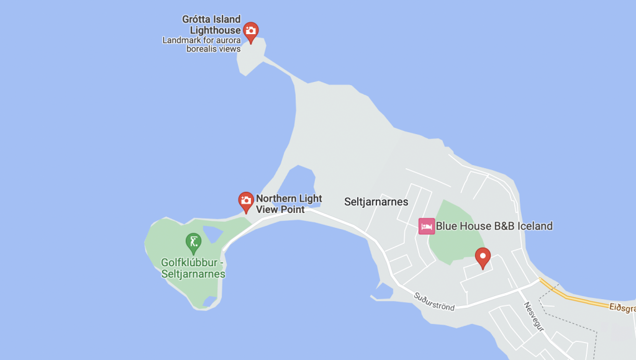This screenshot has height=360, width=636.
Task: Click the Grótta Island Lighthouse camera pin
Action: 250,31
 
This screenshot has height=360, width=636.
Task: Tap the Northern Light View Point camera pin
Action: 246,201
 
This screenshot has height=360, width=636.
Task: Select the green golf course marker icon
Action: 193,241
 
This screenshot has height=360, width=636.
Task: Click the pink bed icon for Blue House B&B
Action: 426,226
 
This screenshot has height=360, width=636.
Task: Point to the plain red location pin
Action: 483,257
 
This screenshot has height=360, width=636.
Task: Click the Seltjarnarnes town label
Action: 376,202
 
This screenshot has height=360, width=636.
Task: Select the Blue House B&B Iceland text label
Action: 494,226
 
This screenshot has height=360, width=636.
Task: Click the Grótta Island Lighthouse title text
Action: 211,25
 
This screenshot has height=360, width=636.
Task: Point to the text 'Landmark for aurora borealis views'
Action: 201,45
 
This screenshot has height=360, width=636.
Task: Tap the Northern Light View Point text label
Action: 289,204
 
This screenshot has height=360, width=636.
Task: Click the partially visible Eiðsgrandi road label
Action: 622,307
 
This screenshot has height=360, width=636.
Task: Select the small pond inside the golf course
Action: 212,234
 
